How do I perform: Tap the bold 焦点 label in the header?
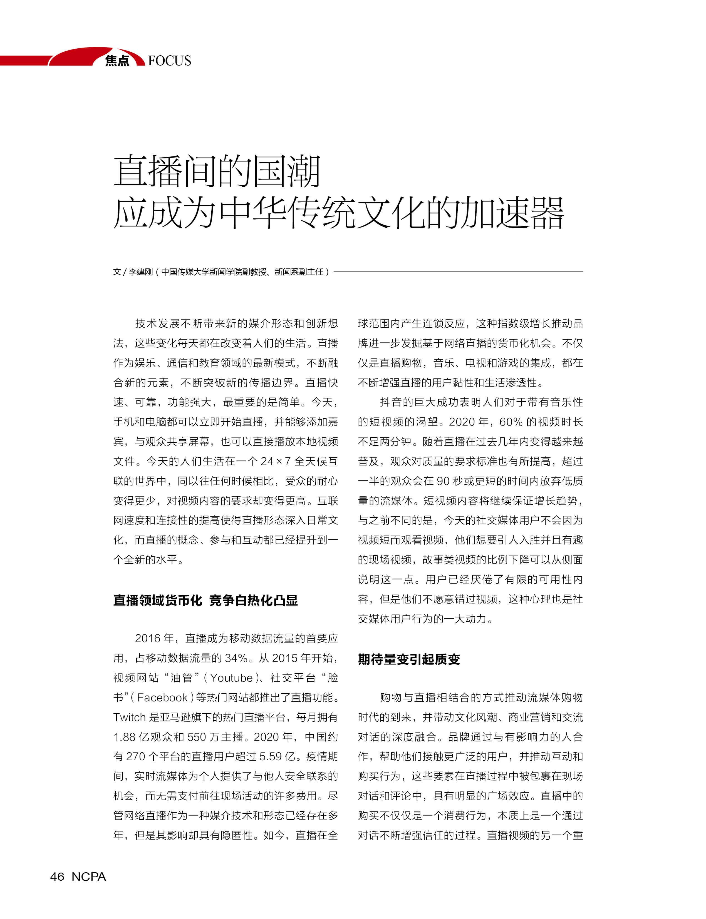coord(117,61)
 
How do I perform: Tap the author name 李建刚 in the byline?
coord(140,272)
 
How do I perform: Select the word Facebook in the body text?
coord(162,698)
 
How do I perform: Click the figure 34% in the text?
coord(236,658)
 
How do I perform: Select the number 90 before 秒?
coord(443,481)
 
